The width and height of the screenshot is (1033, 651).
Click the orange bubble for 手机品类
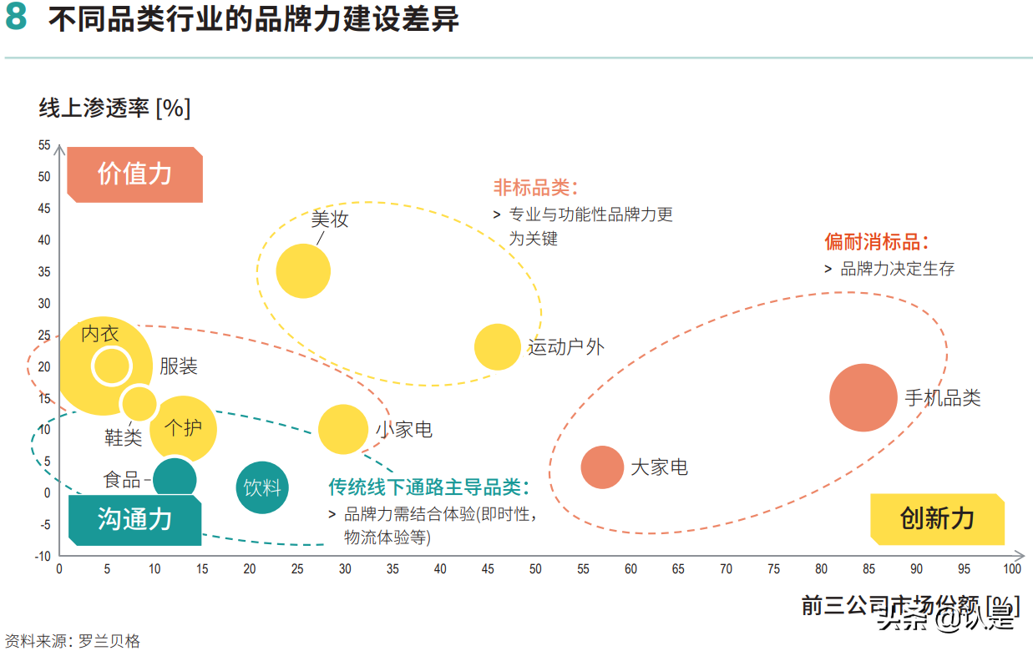pyautogui.click(x=863, y=398)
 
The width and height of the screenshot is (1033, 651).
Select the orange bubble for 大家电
pyautogui.click(x=602, y=467)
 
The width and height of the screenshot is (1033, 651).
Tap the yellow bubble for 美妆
pyautogui.click(x=303, y=270)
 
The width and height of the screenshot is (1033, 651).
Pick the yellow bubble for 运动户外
pyautogui.click(x=497, y=346)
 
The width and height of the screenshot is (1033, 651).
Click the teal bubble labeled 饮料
pyautogui.click(x=262, y=487)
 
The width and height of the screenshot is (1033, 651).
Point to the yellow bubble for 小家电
pyautogui.click(x=342, y=429)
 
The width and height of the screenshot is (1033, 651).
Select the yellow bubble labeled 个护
pyautogui.click(x=184, y=429)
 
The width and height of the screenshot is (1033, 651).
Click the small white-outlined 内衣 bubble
pyautogui.click(x=111, y=366)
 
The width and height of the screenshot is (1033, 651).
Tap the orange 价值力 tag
pyautogui.click(x=134, y=174)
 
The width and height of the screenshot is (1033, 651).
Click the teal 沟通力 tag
pyautogui.click(x=134, y=519)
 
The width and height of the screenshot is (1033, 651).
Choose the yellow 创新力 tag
pyautogui.click(x=937, y=519)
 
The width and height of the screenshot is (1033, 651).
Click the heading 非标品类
pyautogui.click(x=535, y=187)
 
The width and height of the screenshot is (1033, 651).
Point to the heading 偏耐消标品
pyautogui.click(x=876, y=242)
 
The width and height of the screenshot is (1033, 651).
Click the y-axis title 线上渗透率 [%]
pyautogui.click(x=114, y=108)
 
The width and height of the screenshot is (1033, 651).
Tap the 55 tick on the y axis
pyautogui.click(x=44, y=145)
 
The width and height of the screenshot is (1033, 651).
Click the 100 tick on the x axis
pyautogui.click(x=1011, y=569)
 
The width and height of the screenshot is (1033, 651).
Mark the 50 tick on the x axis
pyautogui.click(x=535, y=569)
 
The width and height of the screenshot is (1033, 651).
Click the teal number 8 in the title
pyautogui.click(x=18, y=19)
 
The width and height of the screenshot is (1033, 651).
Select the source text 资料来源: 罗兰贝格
pyautogui.click(x=73, y=641)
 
